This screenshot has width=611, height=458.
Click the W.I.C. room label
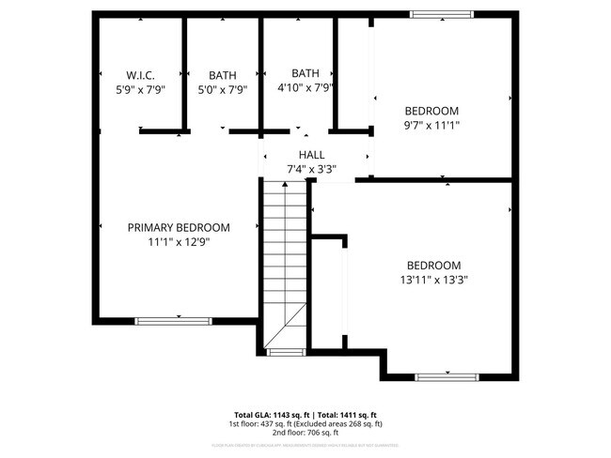pos(140,75)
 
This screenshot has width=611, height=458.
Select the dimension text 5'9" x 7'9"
pos(140,90)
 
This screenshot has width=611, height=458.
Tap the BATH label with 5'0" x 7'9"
pos(223,75)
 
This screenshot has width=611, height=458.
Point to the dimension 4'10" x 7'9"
pos(305,88)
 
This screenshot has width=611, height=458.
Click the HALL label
pos(311,155)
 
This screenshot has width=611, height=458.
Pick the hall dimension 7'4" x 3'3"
pos(311,170)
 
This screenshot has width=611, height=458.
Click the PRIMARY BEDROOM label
pos(179,227)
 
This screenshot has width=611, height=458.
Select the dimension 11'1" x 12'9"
pos(179,242)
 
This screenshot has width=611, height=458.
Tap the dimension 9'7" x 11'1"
pos(431,125)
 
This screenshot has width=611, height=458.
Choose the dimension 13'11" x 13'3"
pos(433,279)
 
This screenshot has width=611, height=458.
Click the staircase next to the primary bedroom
pos(285,263)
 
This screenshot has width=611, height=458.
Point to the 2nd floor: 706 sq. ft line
pos(305,432)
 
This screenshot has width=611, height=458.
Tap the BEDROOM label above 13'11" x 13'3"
pos(433,265)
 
